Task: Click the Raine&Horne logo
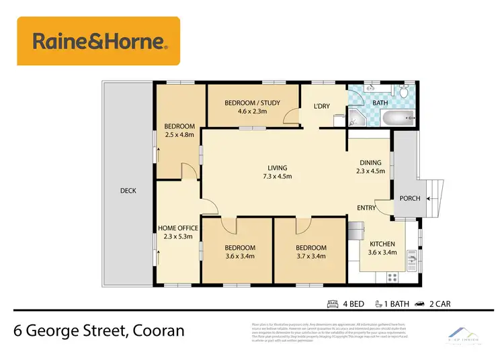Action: pos(99,41)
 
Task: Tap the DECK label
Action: pos(128,191)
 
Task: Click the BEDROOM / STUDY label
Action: pos(252,103)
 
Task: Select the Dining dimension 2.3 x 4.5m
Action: pos(370,171)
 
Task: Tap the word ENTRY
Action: pos(367,208)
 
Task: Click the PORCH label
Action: pos(411,199)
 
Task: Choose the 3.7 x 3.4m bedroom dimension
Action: pos(311,256)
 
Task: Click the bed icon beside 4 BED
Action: pos(332,304)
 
